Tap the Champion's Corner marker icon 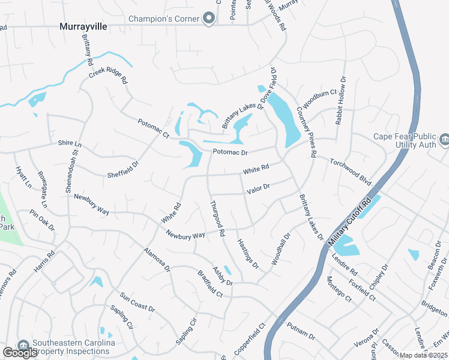click(x=209, y=19)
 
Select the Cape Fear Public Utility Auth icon click(x=444, y=140)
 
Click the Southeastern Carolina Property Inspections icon click(x=23, y=346)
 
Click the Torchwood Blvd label click(x=351, y=171)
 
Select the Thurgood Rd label click(x=217, y=217)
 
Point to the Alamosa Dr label click(x=157, y=259)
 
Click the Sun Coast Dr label click(x=137, y=302)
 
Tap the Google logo click(x=20, y=353)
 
